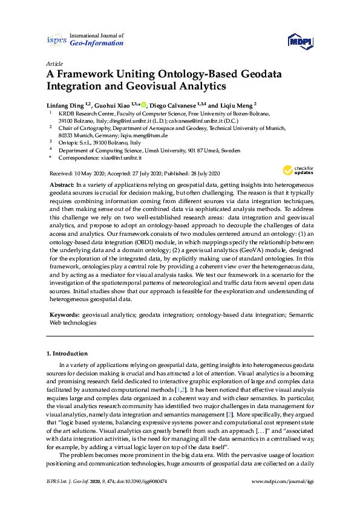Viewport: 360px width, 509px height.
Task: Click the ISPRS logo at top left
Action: tap(56, 40)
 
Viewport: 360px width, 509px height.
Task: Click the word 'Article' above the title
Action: tap(54, 63)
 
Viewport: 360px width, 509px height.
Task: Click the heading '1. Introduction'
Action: tap(67, 353)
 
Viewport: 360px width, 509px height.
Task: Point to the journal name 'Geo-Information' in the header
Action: tap(97, 44)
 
